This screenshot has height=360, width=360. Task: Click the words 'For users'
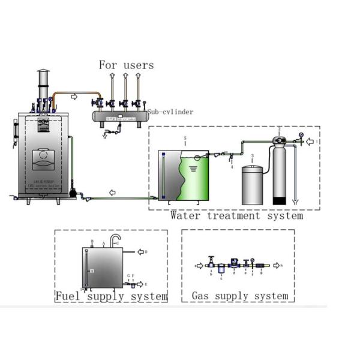[126, 65]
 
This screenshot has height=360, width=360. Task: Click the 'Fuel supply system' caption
[112, 296]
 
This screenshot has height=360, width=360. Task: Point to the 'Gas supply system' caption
[239, 296]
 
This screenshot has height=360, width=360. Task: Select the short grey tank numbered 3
[253, 185]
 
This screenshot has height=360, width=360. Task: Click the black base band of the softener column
[280, 200]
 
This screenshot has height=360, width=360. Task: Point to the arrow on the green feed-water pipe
[112, 192]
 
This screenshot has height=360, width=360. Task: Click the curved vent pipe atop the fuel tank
[115, 241]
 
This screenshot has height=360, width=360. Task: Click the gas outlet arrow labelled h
[276, 265]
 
